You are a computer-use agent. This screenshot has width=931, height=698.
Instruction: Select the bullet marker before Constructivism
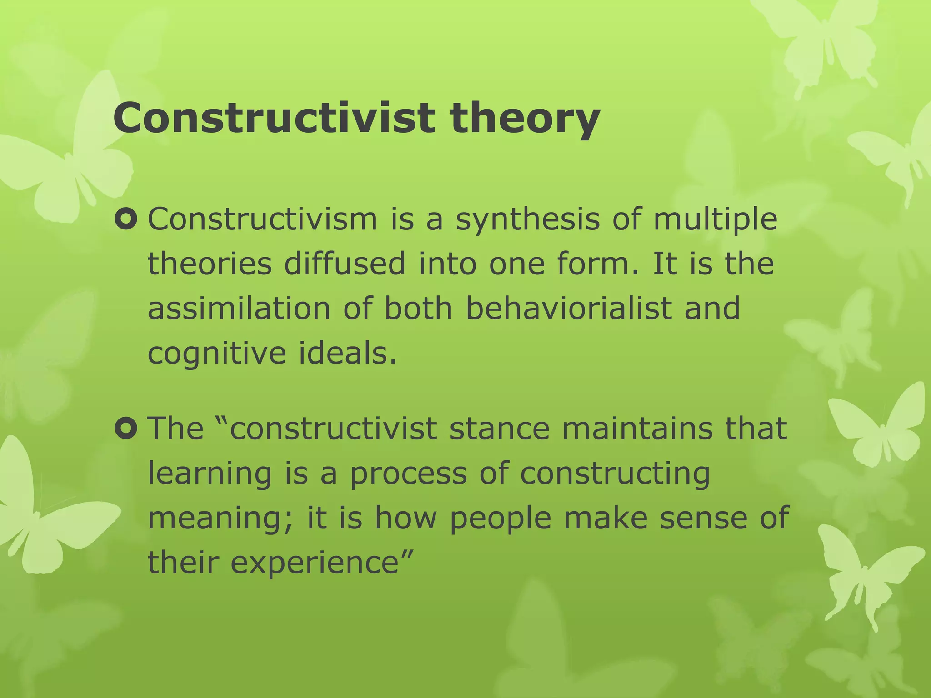click(x=126, y=219)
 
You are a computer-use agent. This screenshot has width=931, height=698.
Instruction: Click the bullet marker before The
click(x=126, y=429)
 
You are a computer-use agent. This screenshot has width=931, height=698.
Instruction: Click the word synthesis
click(x=527, y=220)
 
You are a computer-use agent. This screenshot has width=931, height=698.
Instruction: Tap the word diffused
click(x=344, y=264)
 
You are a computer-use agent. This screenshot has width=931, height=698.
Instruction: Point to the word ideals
click(x=348, y=353)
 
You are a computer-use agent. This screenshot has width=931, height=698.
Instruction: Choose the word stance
click(x=500, y=429)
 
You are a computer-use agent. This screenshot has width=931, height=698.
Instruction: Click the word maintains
click(x=637, y=429)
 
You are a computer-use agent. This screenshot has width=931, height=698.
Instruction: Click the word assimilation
click(x=239, y=309)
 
